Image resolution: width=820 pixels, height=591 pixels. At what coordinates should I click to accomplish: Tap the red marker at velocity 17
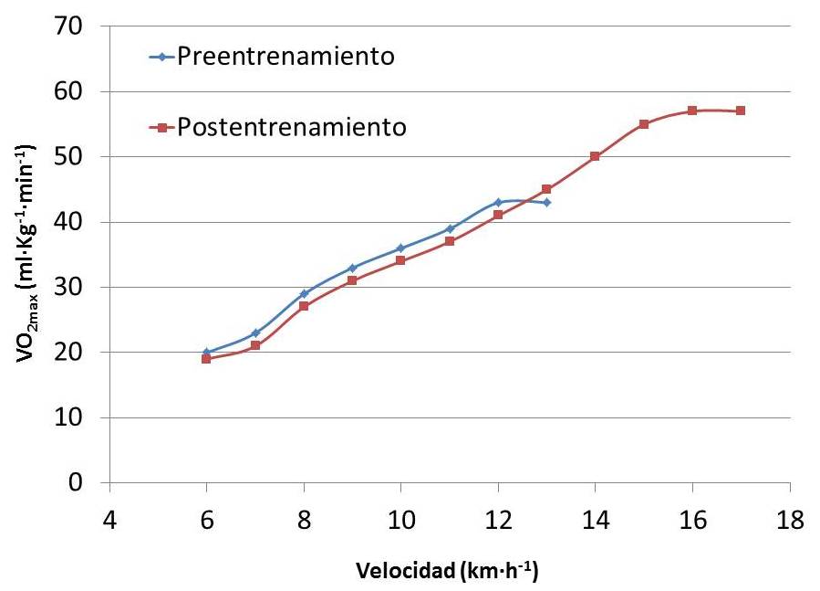click(741, 111)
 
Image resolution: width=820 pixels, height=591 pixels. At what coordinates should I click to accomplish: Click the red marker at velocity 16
click(692, 111)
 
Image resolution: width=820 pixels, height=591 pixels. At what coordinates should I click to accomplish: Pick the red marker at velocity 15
click(644, 124)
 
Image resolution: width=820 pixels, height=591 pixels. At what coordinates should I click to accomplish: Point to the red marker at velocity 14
click(595, 156)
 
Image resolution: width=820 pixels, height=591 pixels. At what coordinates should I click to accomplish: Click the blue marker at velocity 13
click(546, 202)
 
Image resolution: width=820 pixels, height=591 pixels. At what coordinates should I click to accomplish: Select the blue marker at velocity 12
click(498, 202)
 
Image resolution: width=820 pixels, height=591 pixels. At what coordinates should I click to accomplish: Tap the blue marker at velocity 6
click(206, 352)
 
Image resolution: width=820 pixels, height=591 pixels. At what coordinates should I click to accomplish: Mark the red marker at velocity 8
click(304, 306)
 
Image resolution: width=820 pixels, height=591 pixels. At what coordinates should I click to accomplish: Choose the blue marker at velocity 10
click(400, 248)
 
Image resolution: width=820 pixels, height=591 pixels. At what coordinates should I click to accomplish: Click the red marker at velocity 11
click(450, 241)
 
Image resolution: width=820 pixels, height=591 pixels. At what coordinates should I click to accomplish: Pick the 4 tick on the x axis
click(109, 518)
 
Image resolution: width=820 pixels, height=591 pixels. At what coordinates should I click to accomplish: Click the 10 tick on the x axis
click(400, 518)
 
